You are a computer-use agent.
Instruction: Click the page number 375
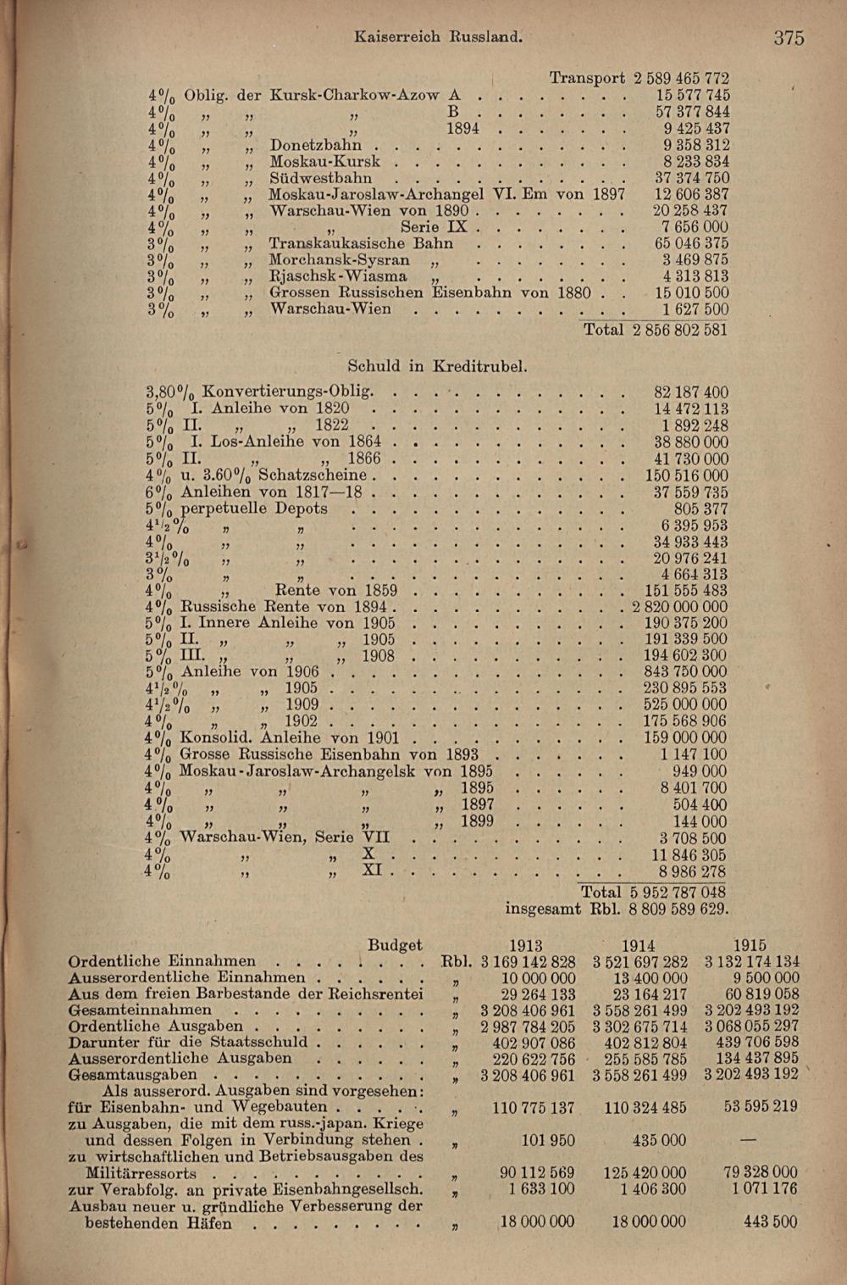(788, 37)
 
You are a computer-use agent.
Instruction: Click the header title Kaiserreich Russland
(438, 36)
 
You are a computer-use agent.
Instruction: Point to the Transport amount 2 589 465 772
(681, 79)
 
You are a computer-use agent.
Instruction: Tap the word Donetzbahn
(316, 145)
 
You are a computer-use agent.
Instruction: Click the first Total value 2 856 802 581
(680, 330)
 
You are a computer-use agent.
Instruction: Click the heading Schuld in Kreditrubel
(438, 366)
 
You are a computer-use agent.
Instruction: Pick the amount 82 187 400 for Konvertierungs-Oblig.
(690, 392)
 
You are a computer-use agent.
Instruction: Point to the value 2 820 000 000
(678, 607)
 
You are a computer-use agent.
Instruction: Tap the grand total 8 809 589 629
(678, 910)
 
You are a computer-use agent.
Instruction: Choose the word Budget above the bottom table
(395, 945)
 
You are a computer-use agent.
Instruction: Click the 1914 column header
(639, 945)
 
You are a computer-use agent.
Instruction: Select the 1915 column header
(750, 945)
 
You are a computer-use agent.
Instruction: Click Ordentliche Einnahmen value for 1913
(528, 962)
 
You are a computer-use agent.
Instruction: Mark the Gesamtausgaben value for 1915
(750, 1074)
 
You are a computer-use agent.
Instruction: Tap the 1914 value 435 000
(659, 1140)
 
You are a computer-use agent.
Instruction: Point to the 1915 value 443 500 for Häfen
(771, 1221)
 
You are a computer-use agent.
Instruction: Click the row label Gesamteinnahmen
(141, 1010)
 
